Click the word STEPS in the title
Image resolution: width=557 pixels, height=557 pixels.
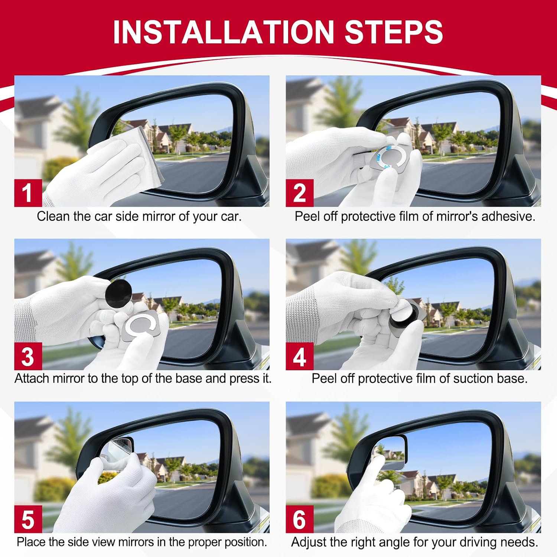394,32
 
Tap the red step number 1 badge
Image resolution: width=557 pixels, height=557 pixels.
28,193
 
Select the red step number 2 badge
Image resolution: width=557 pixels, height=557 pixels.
300,193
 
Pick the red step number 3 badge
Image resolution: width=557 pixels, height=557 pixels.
28,356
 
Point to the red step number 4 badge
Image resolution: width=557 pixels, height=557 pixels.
300,356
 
